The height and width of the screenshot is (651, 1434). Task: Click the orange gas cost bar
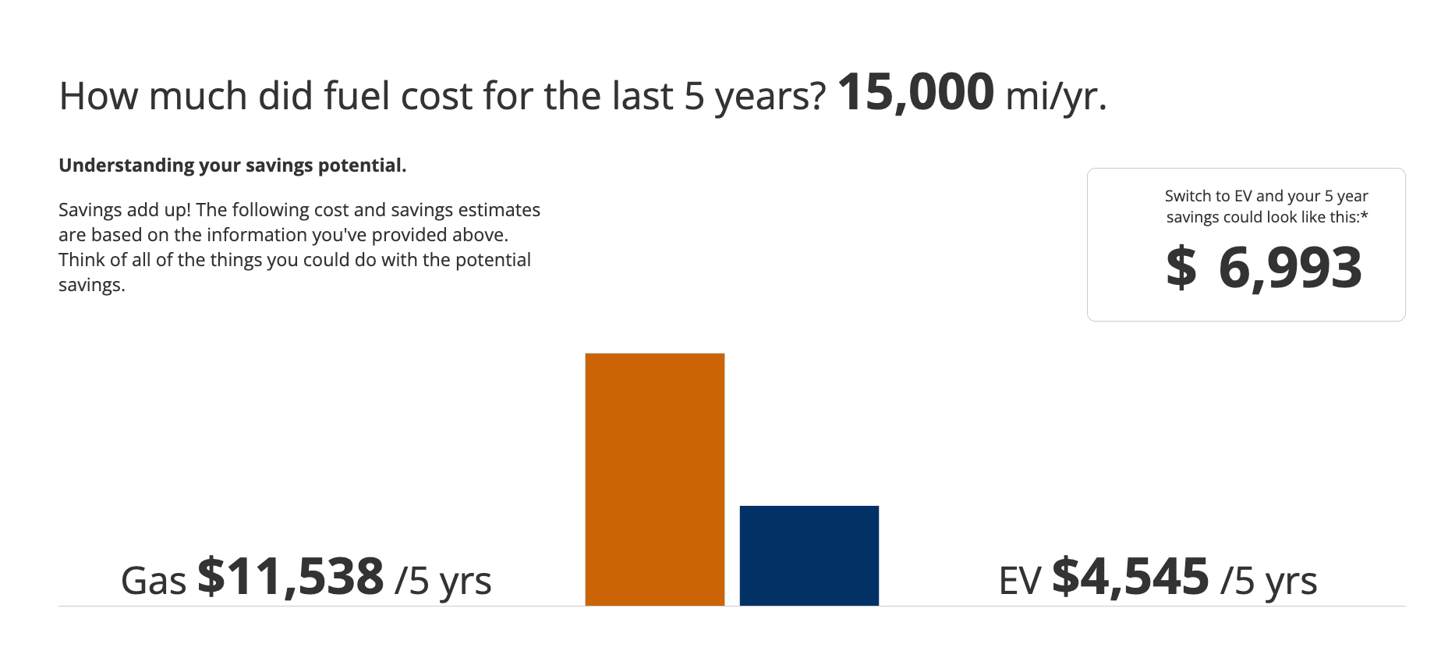tap(655, 479)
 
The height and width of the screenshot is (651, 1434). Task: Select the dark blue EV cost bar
tap(809, 556)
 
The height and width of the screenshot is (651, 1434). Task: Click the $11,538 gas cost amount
tap(291, 578)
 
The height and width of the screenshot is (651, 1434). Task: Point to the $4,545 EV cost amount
tap(1131, 578)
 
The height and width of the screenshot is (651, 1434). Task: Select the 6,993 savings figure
tap(1291, 268)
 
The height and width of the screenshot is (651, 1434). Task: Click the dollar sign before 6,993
tap(1181, 267)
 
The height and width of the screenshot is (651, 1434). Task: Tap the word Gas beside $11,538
tap(154, 581)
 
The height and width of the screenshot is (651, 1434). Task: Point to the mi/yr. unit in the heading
tap(1057, 97)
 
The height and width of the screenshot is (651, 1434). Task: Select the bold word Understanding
tap(126, 165)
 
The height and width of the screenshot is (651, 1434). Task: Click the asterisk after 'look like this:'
tap(1364, 215)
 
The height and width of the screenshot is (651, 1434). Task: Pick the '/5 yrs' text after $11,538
tap(443, 582)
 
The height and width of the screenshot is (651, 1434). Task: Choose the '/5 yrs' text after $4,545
tap(1269, 582)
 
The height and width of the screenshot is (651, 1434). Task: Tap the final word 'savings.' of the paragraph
tap(92, 286)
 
